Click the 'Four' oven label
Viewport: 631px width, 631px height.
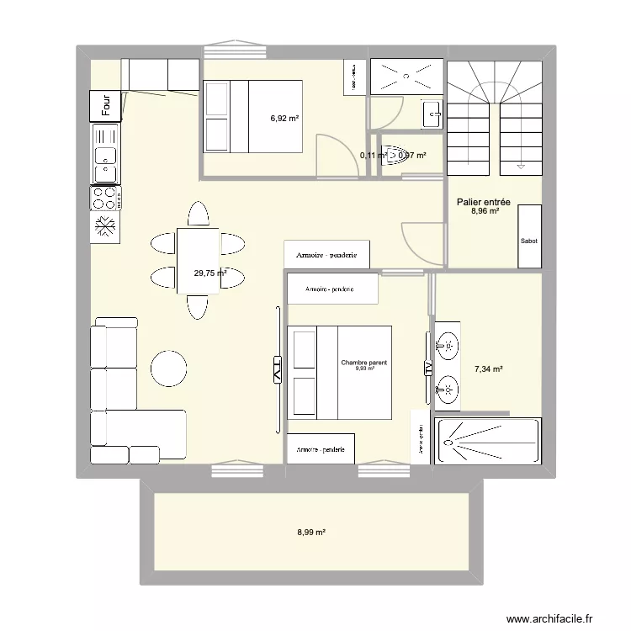tap(106, 105)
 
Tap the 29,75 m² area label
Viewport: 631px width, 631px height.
tap(209, 273)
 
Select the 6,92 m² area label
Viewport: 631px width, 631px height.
tap(284, 119)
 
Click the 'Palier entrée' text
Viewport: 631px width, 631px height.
tap(484, 202)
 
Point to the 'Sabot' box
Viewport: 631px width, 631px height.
tap(529, 241)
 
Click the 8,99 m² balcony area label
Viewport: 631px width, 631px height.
tap(311, 532)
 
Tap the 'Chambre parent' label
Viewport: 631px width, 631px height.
tap(364, 363)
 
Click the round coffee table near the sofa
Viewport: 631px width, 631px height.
tap(168, 368)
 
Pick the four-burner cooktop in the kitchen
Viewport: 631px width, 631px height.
tap(106, 199)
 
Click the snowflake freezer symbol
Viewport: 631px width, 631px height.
tap(106, 227)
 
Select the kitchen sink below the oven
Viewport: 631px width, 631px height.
tap(106, 155)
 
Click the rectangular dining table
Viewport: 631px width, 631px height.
tap(198, 261)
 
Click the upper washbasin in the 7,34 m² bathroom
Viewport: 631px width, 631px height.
tap(448, 344)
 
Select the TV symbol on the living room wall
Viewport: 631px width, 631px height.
tap(277, 370)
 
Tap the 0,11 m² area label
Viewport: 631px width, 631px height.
tap(373, 155)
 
